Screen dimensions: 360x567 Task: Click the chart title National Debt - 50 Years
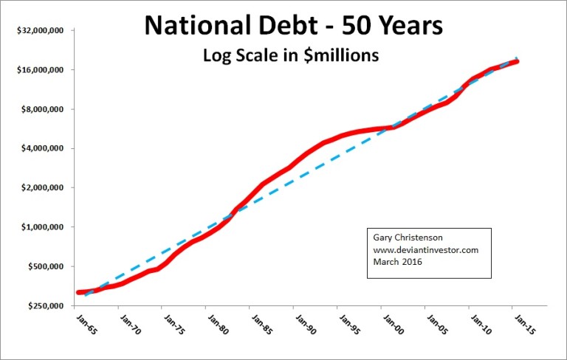click(x=293, y=27)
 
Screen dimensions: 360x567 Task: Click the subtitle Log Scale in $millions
click(x=293, y=55)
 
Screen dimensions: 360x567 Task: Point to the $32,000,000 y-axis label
click(x=38, y=31)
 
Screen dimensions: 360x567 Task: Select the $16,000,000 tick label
click(x=38, y=70)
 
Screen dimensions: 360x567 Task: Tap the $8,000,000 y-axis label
click(x=41, y=109)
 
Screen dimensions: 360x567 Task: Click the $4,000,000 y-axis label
click(x=41, y=148)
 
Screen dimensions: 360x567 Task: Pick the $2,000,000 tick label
click(x=41, y=187)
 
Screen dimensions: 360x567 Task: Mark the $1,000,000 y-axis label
click(x=41, y=227)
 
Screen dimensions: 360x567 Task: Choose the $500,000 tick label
click(x=44, y=266)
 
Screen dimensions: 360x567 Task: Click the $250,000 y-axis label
click(x=44, y=305)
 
